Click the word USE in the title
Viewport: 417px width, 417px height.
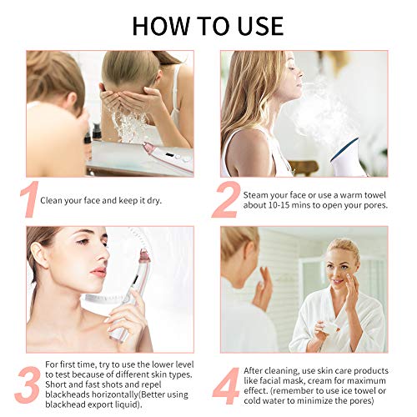260,26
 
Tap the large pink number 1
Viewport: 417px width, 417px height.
30,198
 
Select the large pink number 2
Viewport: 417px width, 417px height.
226,199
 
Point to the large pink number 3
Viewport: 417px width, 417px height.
28,385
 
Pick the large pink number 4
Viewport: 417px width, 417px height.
226,385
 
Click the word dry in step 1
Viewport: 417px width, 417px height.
153,201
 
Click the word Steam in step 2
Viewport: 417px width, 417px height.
255,195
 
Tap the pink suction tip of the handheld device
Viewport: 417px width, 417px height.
144,256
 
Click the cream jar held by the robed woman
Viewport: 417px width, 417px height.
330,329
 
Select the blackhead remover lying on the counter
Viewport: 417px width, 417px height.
168,158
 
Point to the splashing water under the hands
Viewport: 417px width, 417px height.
128,127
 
